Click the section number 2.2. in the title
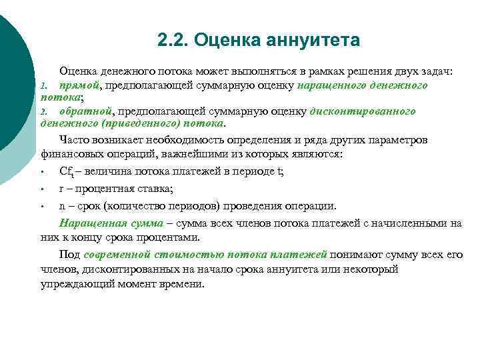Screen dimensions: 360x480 pos(173,41)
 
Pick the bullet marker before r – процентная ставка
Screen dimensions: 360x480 pos(42,189)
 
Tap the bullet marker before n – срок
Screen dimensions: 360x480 pos(42,205)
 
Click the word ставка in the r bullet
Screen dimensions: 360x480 pos(153,188)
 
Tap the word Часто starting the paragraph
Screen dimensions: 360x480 pos(75,140)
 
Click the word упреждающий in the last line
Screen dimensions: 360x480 pos(75,283)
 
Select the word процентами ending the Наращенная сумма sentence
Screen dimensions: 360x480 pos(198,237)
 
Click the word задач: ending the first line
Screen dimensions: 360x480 pos(436,71)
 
